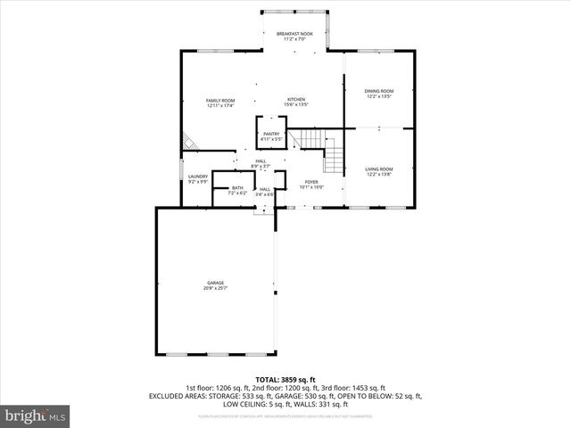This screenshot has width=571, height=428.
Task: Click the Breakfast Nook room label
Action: click(x=294, y=33)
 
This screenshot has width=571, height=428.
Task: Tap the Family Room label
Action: click(x=220, y=100)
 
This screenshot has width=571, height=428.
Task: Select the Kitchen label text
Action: click(x=296, y=99)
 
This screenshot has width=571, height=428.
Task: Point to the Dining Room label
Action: click(x=378, y=91)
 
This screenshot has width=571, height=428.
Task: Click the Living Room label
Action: click(x=378, y=169)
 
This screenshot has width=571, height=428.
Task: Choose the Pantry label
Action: click(x=271, y=134)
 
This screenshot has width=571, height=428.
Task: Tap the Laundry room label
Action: click(x=198, y=177)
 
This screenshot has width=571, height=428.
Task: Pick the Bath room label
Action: click(x=237, y=187)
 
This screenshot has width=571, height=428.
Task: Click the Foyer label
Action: click(x=310, y=181)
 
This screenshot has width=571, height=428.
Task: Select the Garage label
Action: click(x=216, y=283)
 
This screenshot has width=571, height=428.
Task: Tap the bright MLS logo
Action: click(x=36, y=416)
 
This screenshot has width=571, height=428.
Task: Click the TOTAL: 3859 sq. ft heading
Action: click(x=285, y=380)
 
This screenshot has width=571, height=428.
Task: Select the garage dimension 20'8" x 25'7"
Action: click(x=216, y=288)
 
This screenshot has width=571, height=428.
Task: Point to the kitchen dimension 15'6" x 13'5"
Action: click(x=296, y=104)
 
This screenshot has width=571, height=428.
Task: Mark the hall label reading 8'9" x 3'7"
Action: click(x=260, y=166)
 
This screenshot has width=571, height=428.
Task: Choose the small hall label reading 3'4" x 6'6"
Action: click(x=265, y=193)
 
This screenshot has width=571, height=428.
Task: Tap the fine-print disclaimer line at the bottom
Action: click(x=285, y=416)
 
